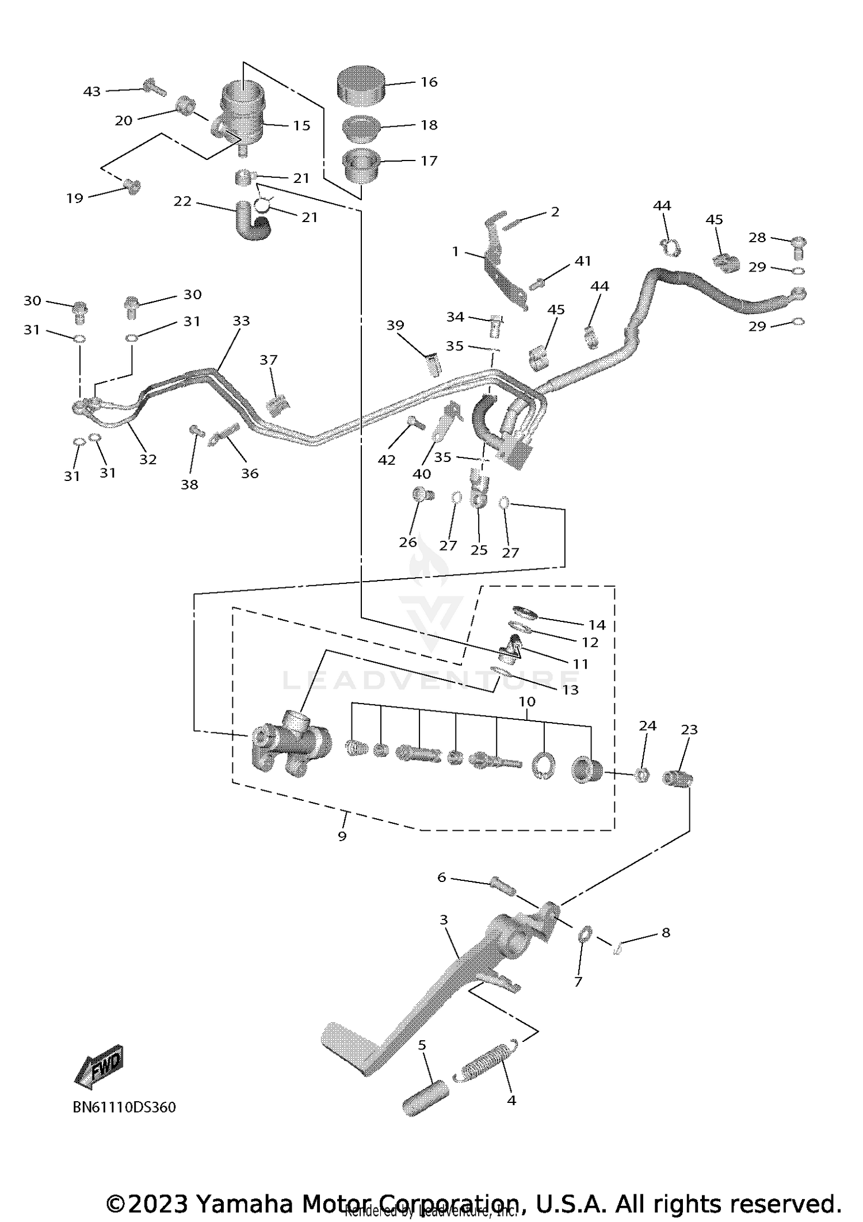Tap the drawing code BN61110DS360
pyautogui.click(x=124, y=1107)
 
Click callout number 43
pyautogui.click(x=92, y=91)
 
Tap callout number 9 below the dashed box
pyautogui.click(x=342, y=836)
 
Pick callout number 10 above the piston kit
pyautogui.click(x=527, y=702)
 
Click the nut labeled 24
pyautogui.click(x=643, y=776)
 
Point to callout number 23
pyautogui.click(x=689, y=730)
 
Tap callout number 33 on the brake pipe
pyautogui.click(x=242, y=320)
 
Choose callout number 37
pyautogui.click(x=269, y=360)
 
